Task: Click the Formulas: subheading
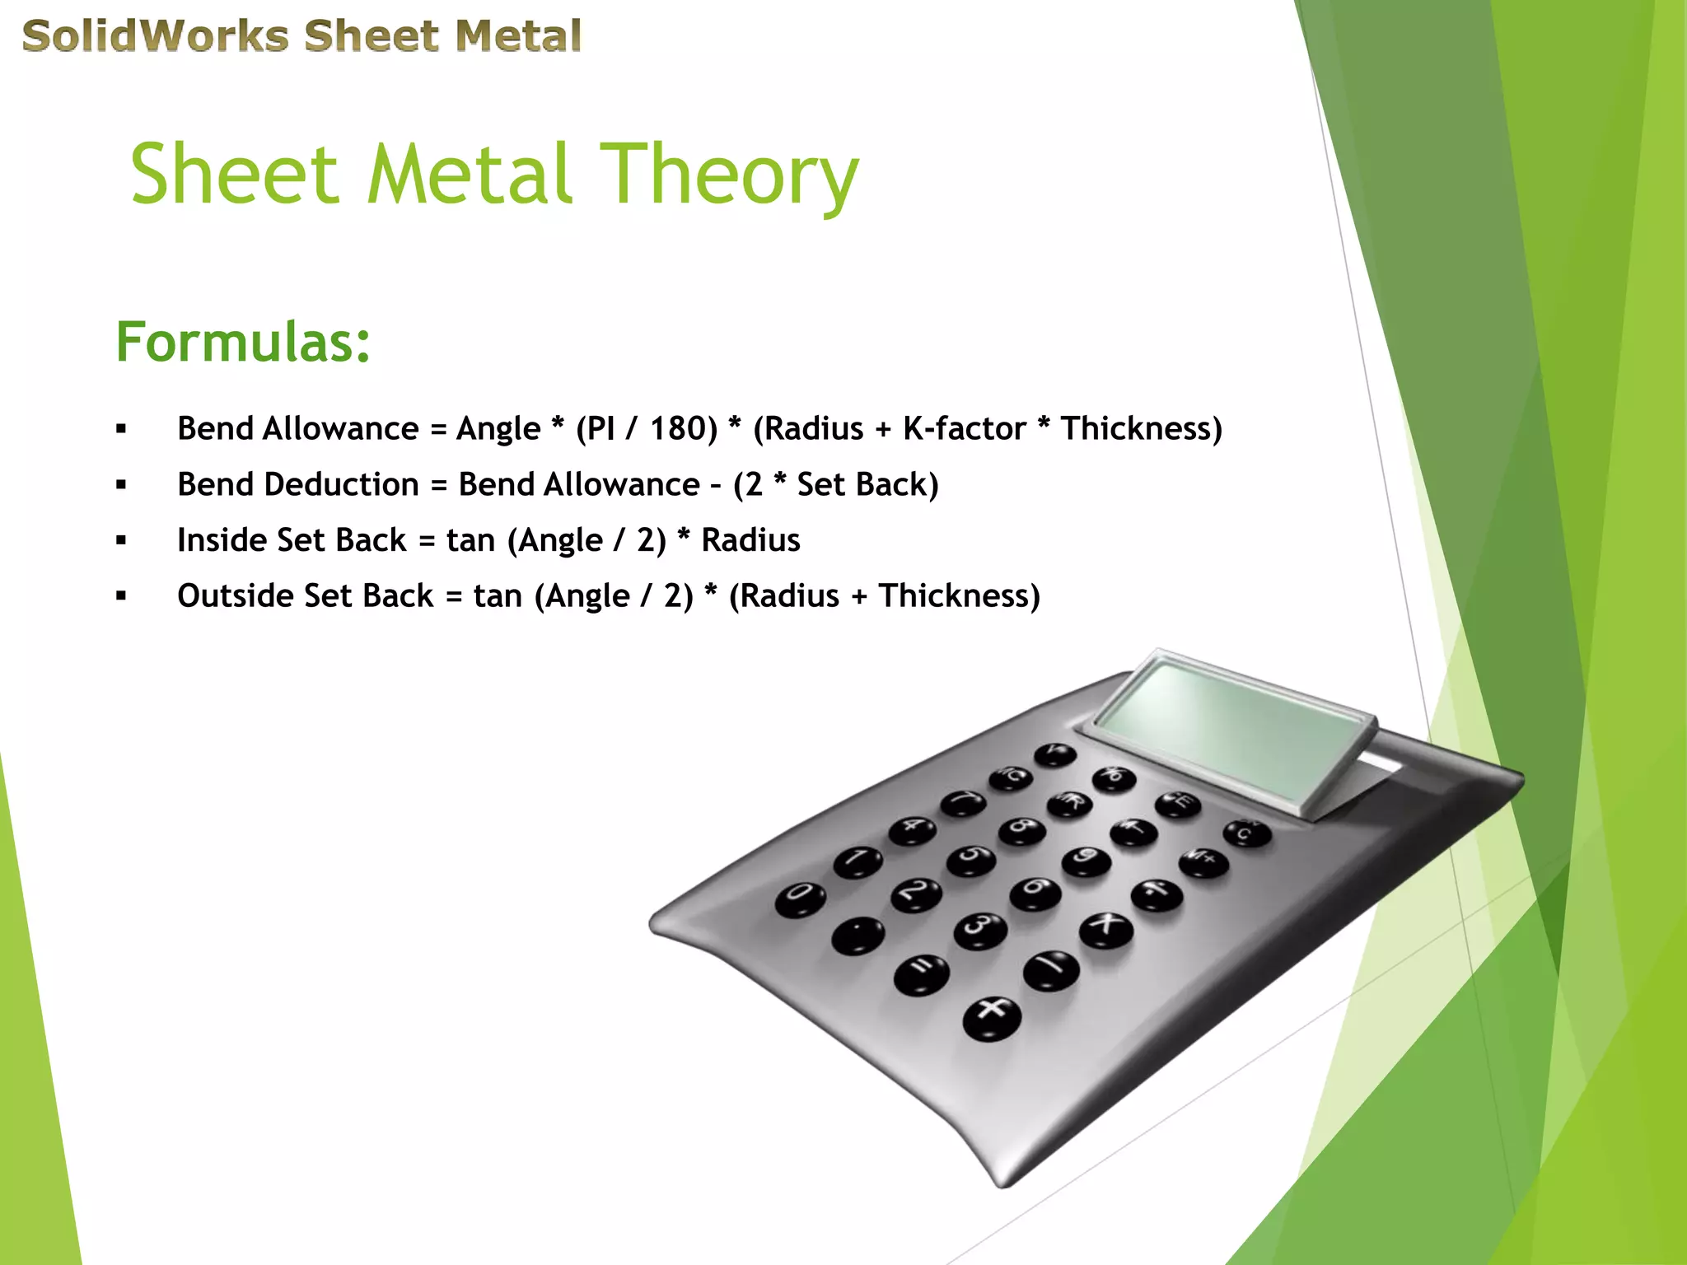pyautogui.click(x=243, y=342)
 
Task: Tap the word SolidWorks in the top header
pyautogui.click(x=156, y=37)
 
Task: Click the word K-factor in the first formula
pyautogui.click(x=965, y=429)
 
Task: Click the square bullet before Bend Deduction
pyautogui.click(x=122, y=485)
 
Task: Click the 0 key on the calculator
pyautogui.click(x=800, y=898)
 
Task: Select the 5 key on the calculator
pyautogui.click(x=971, y=858)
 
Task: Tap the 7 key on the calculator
pyautogui.click(x=963, y=801)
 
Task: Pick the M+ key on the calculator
pyautogui.click(x=1203, y=861)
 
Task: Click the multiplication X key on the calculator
pyautogui.click(x=1105, y=927)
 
